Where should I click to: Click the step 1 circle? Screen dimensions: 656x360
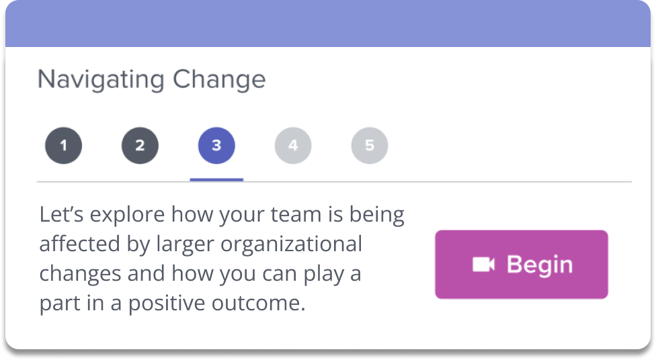(x=64, y=146)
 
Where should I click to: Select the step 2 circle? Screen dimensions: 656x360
(x=140, y=146)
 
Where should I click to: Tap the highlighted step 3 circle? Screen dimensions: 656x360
(x=216, y=146)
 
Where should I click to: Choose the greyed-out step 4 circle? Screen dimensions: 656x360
(x=293, y=146)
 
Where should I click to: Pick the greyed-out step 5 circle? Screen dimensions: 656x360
(x=370, y=146)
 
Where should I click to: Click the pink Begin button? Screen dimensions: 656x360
(x=522, y=264)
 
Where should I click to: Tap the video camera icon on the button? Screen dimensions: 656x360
(x=484, y=265)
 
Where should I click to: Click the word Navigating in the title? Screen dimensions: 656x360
(x=101, y=79)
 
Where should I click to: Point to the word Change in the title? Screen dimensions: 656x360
(x=219, y=79)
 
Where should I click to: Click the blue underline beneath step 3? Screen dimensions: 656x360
(x=216, y=180)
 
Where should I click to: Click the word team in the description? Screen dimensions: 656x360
(x=296, y=214)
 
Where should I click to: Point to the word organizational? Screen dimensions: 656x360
(x=291, y=244)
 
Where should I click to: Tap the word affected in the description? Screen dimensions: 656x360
(x=80, y=244)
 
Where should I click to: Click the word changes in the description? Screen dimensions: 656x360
(x=81, y=274)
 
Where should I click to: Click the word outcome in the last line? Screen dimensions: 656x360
(x=258, y=304)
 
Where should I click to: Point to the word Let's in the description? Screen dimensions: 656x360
(x=62, y=214)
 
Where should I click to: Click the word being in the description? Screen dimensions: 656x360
(x=376, y=215)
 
